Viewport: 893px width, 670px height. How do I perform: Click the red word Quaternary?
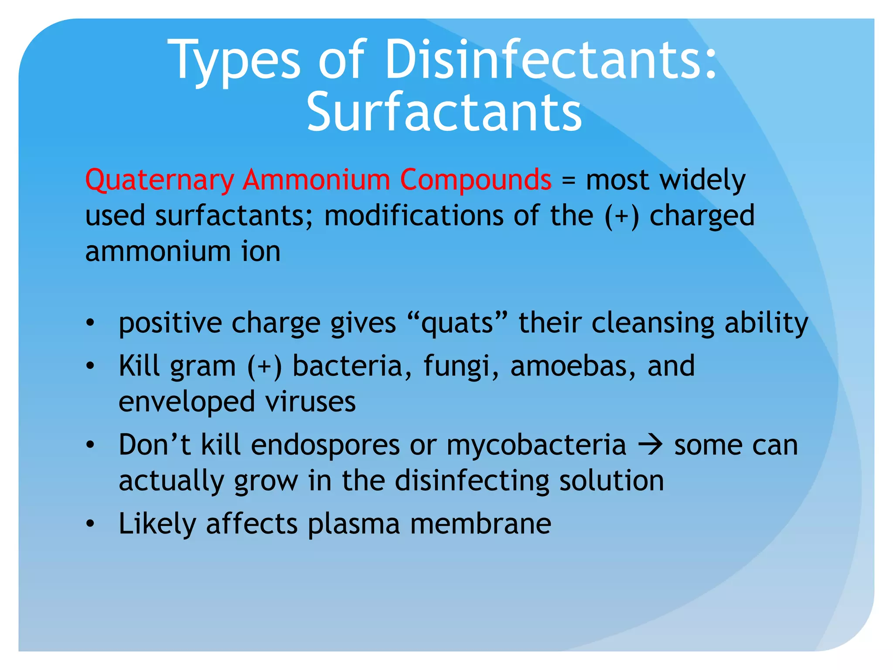[x=160, y=180]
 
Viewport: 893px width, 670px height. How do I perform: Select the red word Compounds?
[x=475, y=180]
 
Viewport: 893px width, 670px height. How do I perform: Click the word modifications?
[x=414, y=216]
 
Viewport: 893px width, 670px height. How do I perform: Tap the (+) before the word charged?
[x=621, y=216]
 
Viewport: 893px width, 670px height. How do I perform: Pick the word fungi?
[x=461, y=366]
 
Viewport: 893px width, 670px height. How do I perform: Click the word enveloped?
[x=187, y=402]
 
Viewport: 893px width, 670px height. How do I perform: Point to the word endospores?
[x=325, y=445]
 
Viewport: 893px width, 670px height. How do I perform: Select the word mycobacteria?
[x=536, y=445]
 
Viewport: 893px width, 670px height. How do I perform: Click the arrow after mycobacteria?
[x=650, y=445]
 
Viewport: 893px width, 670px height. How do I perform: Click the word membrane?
[x=481, y=523]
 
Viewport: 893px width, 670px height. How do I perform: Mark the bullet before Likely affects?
[x=90, y=523]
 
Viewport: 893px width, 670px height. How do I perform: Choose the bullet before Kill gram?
[x=90, y=366]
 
